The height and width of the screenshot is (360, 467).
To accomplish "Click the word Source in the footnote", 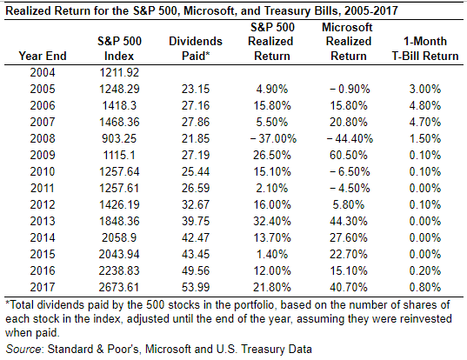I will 23,348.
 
